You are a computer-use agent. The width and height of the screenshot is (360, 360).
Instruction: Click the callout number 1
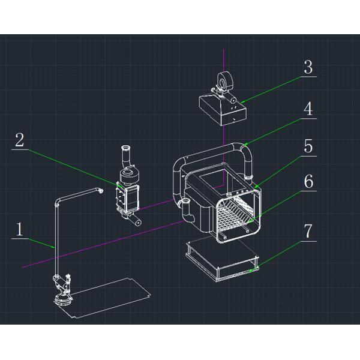point(20,229)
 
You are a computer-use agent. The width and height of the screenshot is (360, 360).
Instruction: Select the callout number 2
point(20,140)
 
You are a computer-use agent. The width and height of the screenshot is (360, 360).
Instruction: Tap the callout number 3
point(308,67)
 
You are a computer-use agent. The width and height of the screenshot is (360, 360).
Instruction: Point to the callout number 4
point(308,109)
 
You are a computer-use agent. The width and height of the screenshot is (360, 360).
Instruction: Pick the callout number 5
point(308,146)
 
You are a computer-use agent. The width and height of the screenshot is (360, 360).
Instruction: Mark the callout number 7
point(308,231)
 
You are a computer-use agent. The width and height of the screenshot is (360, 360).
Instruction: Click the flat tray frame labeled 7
point(222,258)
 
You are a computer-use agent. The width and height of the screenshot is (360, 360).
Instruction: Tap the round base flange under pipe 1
point(62,298)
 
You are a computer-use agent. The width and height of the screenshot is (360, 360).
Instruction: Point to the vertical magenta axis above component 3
point(223,60)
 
